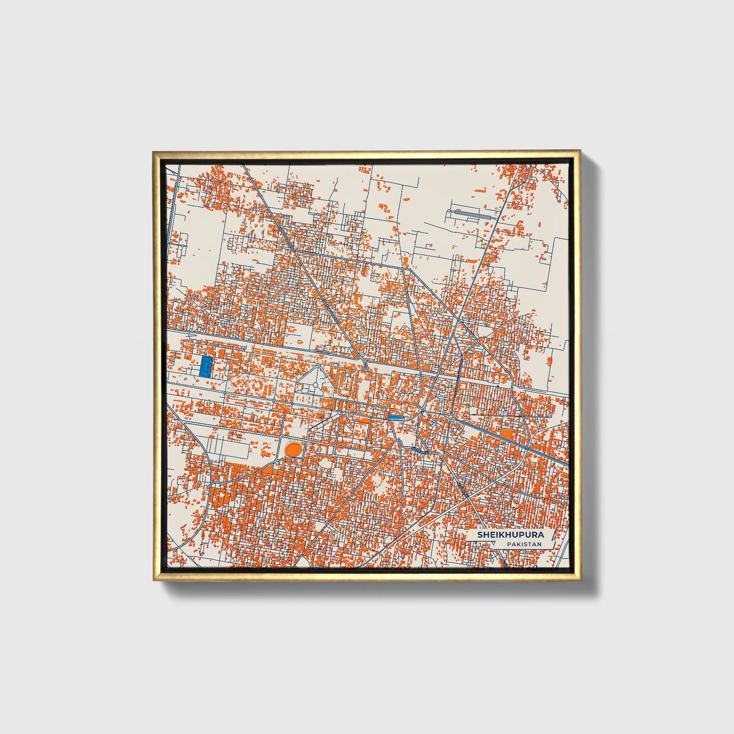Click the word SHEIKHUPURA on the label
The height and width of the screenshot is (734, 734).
510,535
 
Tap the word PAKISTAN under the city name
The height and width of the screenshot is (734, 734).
524,544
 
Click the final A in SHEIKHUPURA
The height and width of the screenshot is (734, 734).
540,535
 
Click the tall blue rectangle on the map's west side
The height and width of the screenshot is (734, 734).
206,366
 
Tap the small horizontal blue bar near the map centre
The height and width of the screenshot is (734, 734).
396,417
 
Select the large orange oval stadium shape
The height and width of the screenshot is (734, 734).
293,449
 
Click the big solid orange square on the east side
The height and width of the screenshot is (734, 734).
506,434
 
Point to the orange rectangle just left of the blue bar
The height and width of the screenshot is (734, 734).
365,420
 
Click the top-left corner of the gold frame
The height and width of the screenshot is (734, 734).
153,151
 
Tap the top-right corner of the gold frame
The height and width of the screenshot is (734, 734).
580,151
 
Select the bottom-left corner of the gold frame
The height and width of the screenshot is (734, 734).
153,580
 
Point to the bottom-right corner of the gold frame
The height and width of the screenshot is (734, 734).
580,580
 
